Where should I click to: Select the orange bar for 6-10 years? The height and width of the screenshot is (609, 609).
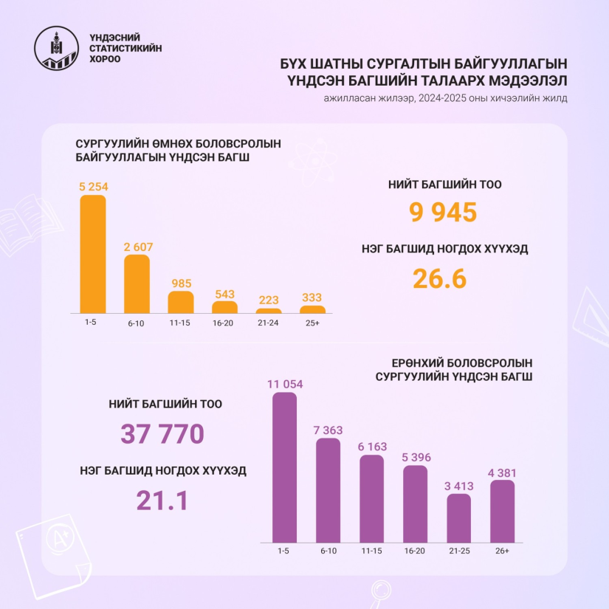pos(137,283)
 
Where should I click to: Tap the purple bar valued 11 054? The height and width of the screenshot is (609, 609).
pos(284,468)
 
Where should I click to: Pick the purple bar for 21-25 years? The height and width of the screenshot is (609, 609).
pos(458,518)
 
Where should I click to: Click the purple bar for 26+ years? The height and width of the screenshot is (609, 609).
pos(502,512)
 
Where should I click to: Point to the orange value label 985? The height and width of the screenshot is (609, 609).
pos(181,283)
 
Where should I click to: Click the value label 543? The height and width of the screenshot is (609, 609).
pos(224,293)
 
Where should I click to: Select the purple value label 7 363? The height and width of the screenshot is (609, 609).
pos(328,430)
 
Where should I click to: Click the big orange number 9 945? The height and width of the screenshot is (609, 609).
pos(443,213)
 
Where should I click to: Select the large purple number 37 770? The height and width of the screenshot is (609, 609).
pos(162,434)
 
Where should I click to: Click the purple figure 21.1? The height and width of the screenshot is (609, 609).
pos(162,500)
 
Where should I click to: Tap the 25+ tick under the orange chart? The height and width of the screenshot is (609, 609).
pos(312,323)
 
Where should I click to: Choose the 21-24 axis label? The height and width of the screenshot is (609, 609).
pos(269,323)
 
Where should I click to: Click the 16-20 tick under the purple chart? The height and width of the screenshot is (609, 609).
pos(415,551)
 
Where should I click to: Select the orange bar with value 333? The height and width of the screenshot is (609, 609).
pos(312,309)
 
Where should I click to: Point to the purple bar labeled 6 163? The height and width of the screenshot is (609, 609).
pos(371,499)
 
